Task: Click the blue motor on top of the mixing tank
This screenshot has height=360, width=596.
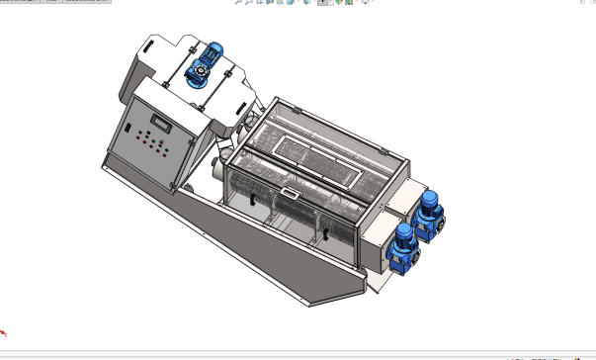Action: click(212, 55)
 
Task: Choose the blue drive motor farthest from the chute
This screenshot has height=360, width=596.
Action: click(429, 212)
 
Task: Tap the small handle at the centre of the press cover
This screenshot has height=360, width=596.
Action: click(288, 193)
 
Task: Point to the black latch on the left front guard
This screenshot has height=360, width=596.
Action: click(254, 203)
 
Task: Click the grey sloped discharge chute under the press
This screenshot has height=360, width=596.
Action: click(297, 267)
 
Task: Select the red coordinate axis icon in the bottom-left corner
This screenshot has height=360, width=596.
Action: click(5, 334)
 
